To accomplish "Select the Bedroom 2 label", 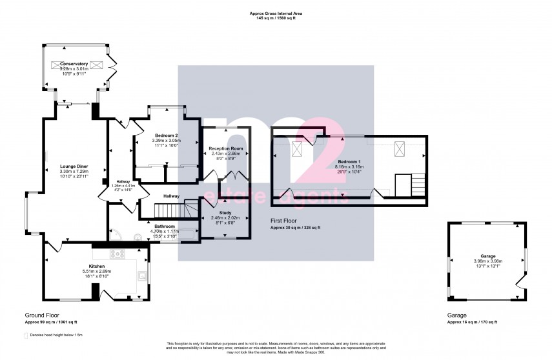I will tap(167, 135).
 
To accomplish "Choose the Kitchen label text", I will tap(97, 266).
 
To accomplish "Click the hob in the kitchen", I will tap(118, 254).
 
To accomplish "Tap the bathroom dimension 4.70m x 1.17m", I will tap(164, 232).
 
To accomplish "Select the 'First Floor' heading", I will tap(283, 220).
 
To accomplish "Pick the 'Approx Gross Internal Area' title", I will tap(276, 13).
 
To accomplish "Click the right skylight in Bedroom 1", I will tap(400, 150).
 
